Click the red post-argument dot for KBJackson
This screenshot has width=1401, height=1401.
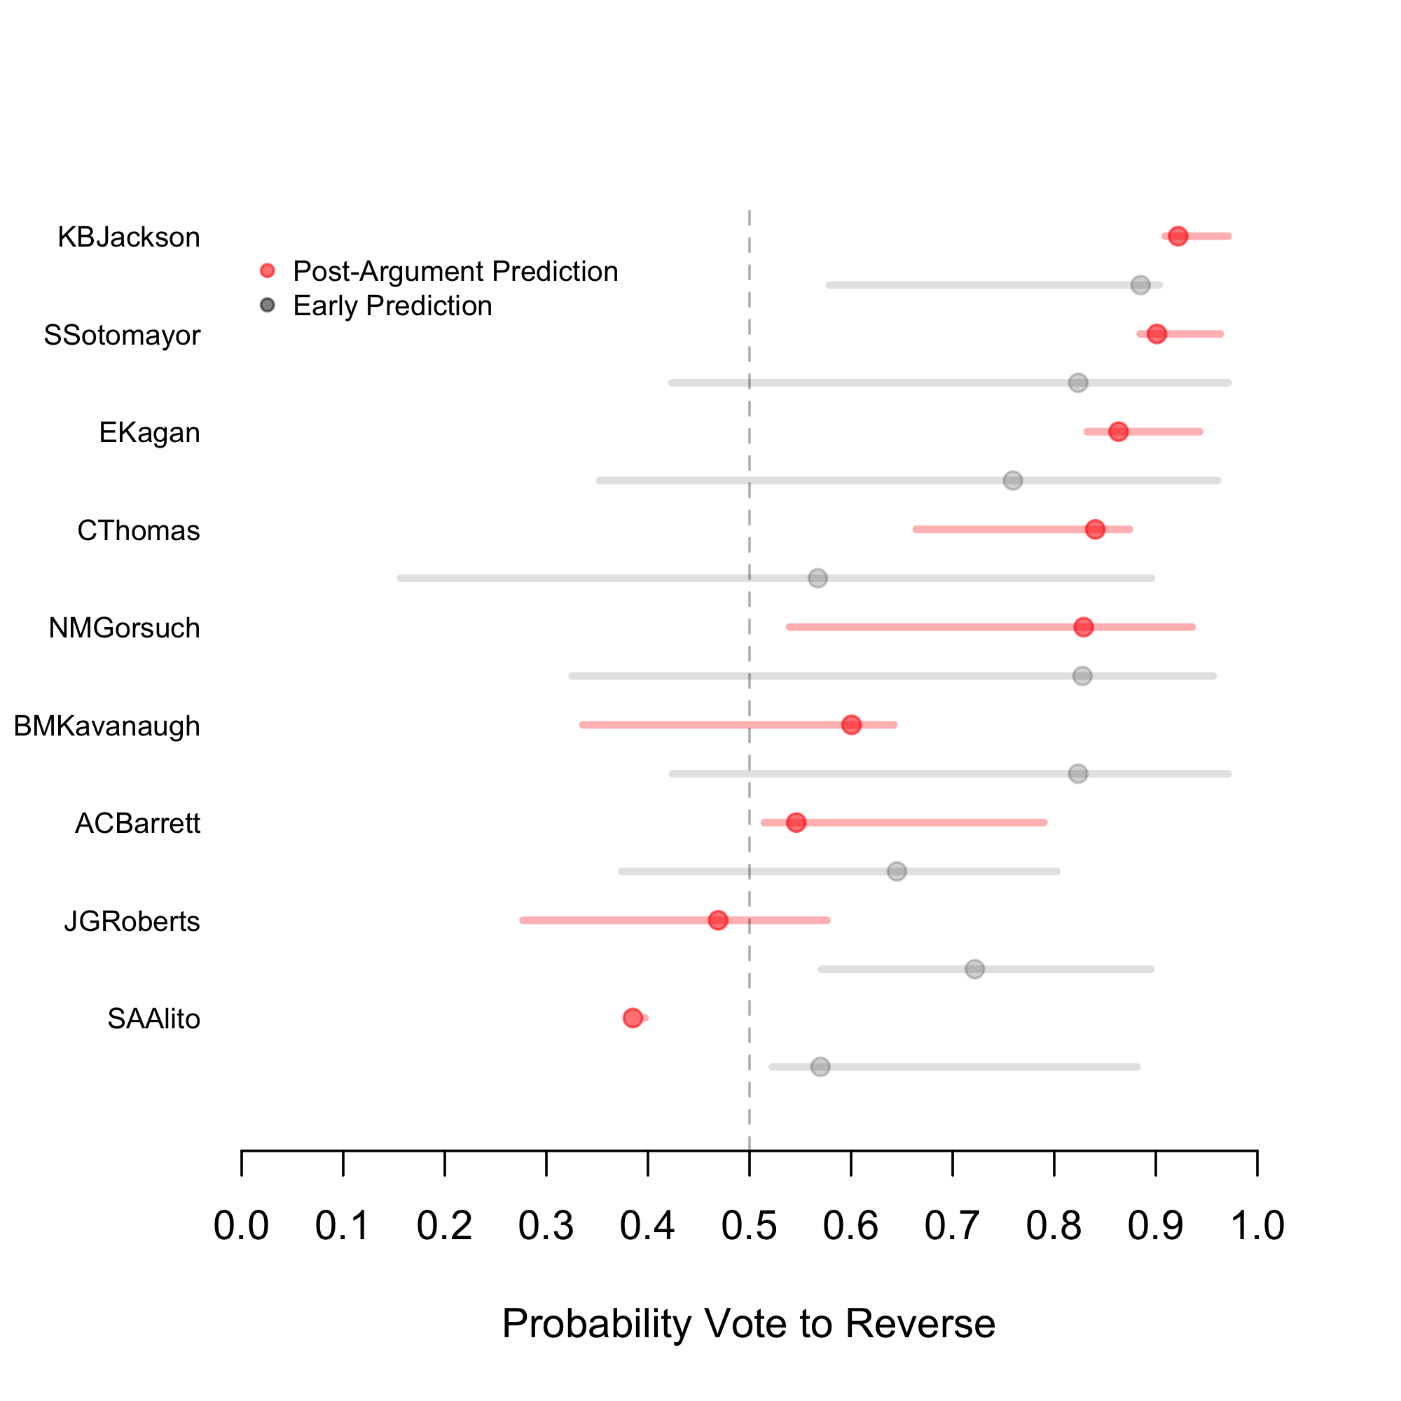[1178, 236]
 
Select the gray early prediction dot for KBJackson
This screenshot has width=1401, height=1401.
[1140, 285]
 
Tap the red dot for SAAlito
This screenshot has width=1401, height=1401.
[633, 1018]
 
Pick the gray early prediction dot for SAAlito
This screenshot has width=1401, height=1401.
[820, 1067]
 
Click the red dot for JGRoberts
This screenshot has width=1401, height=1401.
[718, 920]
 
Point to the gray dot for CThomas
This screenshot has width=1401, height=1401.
[818, 578]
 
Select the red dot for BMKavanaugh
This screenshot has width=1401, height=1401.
[851, 724]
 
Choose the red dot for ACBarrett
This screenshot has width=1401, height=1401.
[796, 822]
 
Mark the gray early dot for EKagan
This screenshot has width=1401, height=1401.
[1013, 480]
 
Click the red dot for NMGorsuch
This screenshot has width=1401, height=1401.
[1084, 627]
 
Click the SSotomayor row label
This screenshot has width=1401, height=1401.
[122, 335]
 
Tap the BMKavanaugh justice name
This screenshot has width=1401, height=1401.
[106, 726]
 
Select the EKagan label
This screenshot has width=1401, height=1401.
[149, 433]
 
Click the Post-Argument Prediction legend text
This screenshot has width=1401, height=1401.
[455, 271]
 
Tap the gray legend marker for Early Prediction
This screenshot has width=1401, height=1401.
[268, 305]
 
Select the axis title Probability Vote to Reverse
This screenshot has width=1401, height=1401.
[748, 1323]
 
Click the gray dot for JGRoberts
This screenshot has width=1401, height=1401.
[974, 969]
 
